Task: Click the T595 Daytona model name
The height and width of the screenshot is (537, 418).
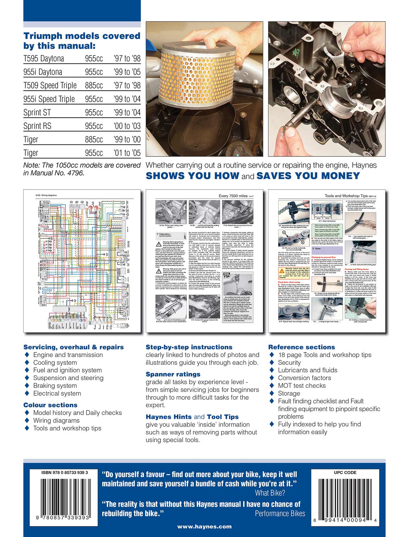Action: tap(44, 58)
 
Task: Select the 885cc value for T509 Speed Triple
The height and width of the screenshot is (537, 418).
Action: tap(94, 85)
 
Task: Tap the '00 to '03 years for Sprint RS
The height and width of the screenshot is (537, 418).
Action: tap(127, 126)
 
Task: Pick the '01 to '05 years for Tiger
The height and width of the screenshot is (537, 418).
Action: tap(127, 153)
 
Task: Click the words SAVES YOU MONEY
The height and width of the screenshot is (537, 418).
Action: tap(308, 176)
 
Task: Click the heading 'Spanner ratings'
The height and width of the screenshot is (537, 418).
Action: tap(173, 374)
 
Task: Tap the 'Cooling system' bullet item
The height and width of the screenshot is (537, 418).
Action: tap(55, 362)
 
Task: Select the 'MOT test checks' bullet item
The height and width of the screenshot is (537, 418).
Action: tap(302, 386)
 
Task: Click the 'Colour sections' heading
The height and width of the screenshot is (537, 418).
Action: tap(50, 405)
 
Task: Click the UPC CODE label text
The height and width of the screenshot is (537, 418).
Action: tap(345, 473)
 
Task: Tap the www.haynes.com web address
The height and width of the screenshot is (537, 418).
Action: tap(205, 526)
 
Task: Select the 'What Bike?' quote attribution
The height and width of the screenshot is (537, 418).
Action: tap(270, 493)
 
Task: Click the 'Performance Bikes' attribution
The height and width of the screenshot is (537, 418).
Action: tap(280, 514)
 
